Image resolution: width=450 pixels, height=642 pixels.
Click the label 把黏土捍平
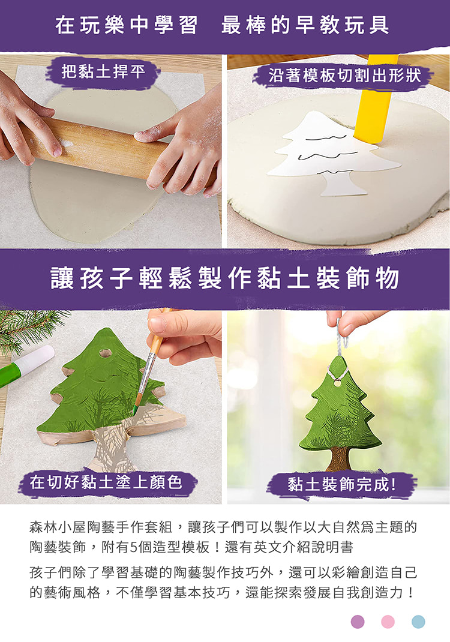click(x=103, y=72)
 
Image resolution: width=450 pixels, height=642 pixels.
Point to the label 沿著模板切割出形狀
click(x=344, y=76)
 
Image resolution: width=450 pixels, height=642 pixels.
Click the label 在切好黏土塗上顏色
click(x=106, y=482)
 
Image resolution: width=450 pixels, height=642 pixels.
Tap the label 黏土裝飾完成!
click(x=341, y=484)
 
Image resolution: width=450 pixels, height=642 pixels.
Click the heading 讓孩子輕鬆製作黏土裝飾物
click(x=225, y=278)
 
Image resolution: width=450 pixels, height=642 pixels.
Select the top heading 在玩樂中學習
click(x=127, y=25)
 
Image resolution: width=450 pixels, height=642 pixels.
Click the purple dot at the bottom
click(x=358, y=622)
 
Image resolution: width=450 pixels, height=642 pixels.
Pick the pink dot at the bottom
click(x=388, y=622)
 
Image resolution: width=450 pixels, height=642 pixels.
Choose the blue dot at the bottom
click(x=418, y=622)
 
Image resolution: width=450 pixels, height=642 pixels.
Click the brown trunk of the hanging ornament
click(x=340, y=458)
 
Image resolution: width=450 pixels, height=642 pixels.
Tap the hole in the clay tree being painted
click(x=105, y=352)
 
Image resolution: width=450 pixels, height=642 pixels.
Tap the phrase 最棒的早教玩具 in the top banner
click(x=305, y=25)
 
